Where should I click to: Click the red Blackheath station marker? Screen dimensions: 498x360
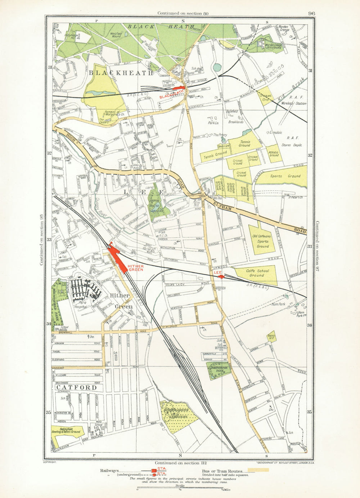click(179, 88)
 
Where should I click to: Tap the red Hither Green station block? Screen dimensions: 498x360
click(118, 257)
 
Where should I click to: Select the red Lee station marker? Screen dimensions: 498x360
click(221, 277)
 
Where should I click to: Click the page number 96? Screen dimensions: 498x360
click(311, 14)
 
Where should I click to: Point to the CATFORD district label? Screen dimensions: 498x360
click(77, 388)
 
